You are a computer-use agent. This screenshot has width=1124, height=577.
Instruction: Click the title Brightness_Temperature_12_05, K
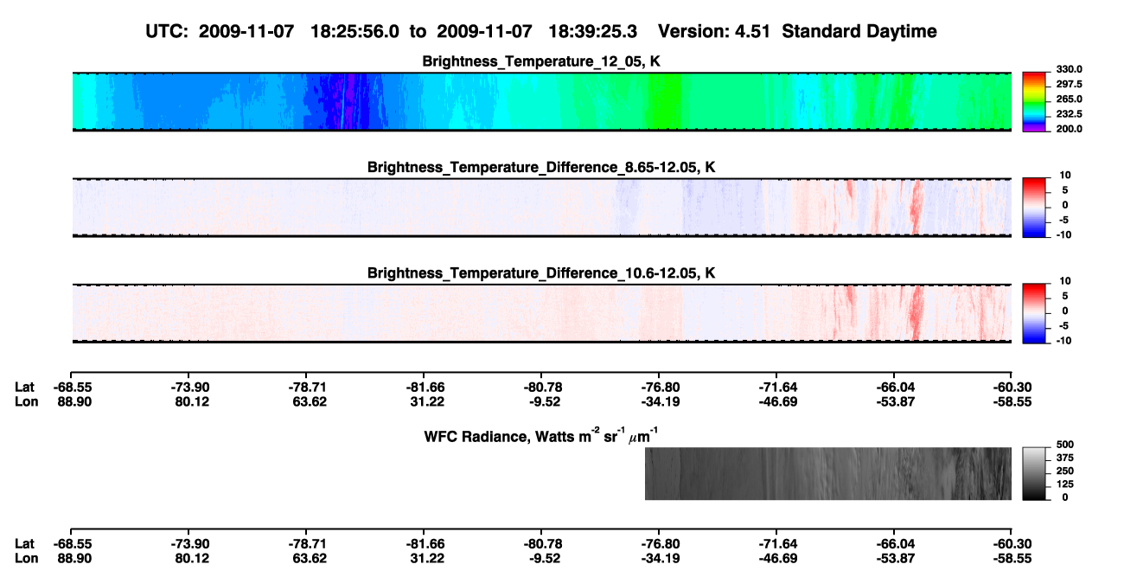pyautogui.click(x=541, y=61)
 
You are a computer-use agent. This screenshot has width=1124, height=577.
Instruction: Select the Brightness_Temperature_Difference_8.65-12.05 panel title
pyautogui.click(x=541, y=167)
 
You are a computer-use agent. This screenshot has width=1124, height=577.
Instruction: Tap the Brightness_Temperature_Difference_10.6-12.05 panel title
pyautogui.click(x=541, y=273)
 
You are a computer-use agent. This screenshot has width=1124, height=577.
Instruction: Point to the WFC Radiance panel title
pyautogui.click(x=541, y=435)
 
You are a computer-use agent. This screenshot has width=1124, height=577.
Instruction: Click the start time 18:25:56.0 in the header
pyautogui.click(x=354, y=32)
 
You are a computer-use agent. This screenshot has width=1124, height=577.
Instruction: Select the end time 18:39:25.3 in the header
pyautogui.click(x=592, y=32)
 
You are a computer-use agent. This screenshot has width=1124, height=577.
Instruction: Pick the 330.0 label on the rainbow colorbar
pyautogui.click(x=1069, y=69)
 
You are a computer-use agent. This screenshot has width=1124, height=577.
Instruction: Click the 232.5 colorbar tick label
pyautogui.click(x=1069, y=114)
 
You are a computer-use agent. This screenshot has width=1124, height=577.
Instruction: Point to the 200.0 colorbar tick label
pyautogui.click(x=1069, y=129)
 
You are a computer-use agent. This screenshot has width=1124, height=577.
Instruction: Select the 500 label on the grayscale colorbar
pyautogui.click(x=1065, y=445)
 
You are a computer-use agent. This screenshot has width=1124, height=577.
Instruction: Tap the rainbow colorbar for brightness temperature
pyautogui.click(x=1034, y=102)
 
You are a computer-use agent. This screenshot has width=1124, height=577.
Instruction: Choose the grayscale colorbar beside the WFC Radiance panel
pyautogui.click(x=1034, y=473)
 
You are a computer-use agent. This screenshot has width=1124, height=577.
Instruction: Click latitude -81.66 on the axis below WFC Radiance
pyautogui.click(x=425, y=544)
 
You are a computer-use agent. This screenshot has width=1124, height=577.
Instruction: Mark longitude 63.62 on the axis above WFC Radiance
pyautogui.click(x=310, y=401)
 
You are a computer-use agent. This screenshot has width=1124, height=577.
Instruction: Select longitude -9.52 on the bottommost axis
pyautogui.click(x=544, y=559)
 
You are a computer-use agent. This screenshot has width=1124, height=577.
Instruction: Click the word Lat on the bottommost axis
pyautogui.click(x=24, y=544)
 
